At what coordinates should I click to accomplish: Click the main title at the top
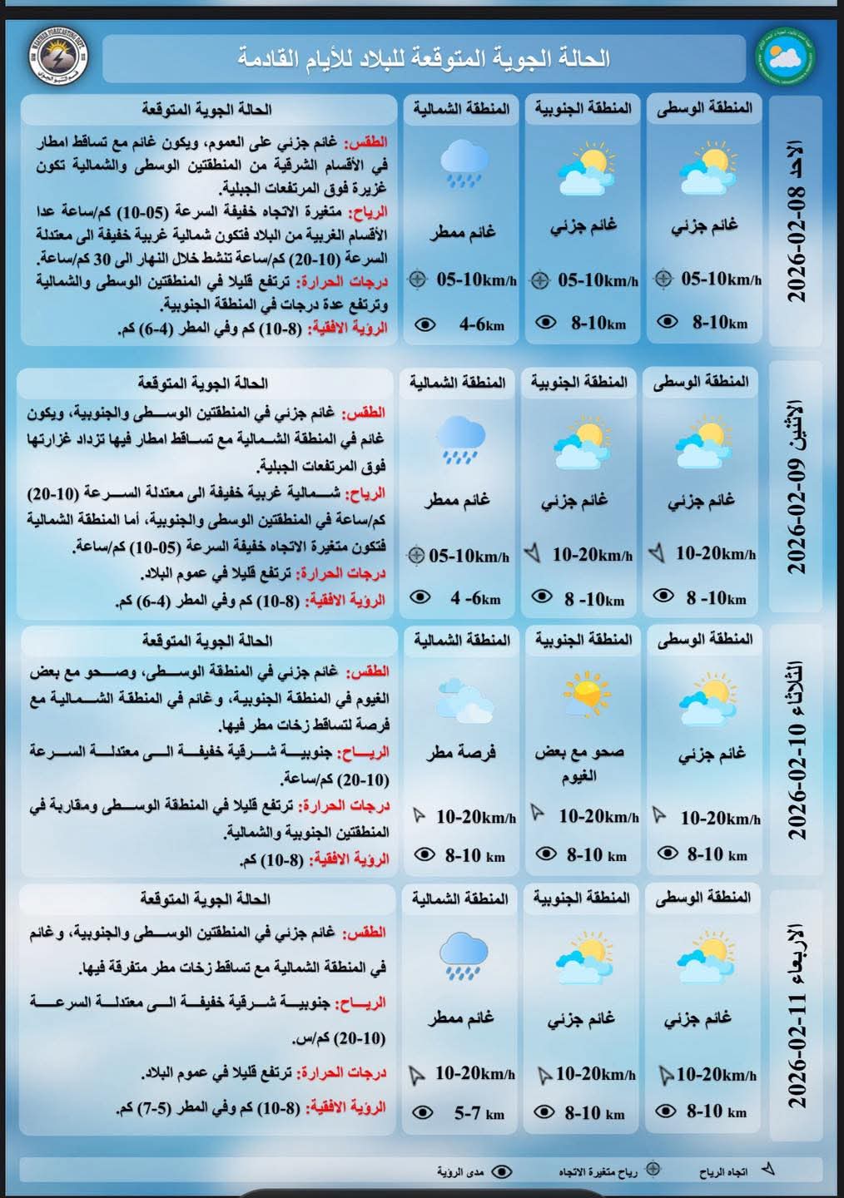(x=424, y=58)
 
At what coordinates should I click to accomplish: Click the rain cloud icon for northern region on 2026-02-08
(x=463, y=163)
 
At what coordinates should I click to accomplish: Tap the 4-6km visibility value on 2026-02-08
(x=481, y=324)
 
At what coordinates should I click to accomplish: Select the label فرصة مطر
(x=461, y=753)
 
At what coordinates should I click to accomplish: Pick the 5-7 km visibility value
(x=479, y=1112)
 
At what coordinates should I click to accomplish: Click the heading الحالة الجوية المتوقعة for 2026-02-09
(x=203, y=383)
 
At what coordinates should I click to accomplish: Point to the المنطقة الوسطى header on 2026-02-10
(x=705, y=639)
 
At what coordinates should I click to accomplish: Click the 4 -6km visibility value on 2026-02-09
(x=475, y=598)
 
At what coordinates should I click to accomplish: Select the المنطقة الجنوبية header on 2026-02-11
(x=582, y=898)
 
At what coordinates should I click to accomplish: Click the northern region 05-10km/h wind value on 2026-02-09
(x=469, y=556)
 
